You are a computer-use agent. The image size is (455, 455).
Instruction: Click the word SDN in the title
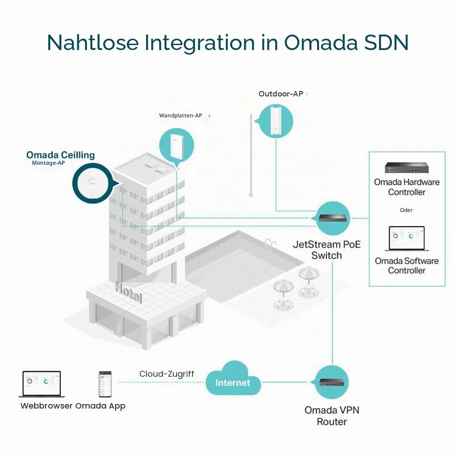(386, 42)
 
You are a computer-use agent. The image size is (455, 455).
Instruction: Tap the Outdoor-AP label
(281, 94)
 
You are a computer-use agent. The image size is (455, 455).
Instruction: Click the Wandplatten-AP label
(181, 116)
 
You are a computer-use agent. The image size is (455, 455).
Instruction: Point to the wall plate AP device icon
(177, 145)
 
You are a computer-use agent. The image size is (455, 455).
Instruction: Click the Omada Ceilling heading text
(61, 155)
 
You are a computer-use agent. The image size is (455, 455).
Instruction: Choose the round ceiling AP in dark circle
(93, 183)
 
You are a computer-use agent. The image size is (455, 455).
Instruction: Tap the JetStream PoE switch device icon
(333, 218)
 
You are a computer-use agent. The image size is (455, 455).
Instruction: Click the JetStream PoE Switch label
(327, 250)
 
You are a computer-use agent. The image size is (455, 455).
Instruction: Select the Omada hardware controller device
(407, 167)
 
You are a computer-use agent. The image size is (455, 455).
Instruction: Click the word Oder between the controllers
(406, 210)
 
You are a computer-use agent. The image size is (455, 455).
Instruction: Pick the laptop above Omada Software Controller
(407, 238)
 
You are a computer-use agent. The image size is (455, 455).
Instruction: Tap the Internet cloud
(233, 379)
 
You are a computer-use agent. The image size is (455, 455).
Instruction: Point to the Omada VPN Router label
(332, 416)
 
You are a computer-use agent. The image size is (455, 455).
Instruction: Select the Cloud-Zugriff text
(167, 374)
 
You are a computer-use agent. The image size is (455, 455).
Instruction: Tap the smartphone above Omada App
(105, 384)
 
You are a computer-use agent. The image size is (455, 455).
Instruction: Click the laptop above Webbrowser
(42, 384)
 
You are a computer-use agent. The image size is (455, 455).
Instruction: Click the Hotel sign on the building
(129, 292)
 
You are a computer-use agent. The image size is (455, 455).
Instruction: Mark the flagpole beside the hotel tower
(251, 156)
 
